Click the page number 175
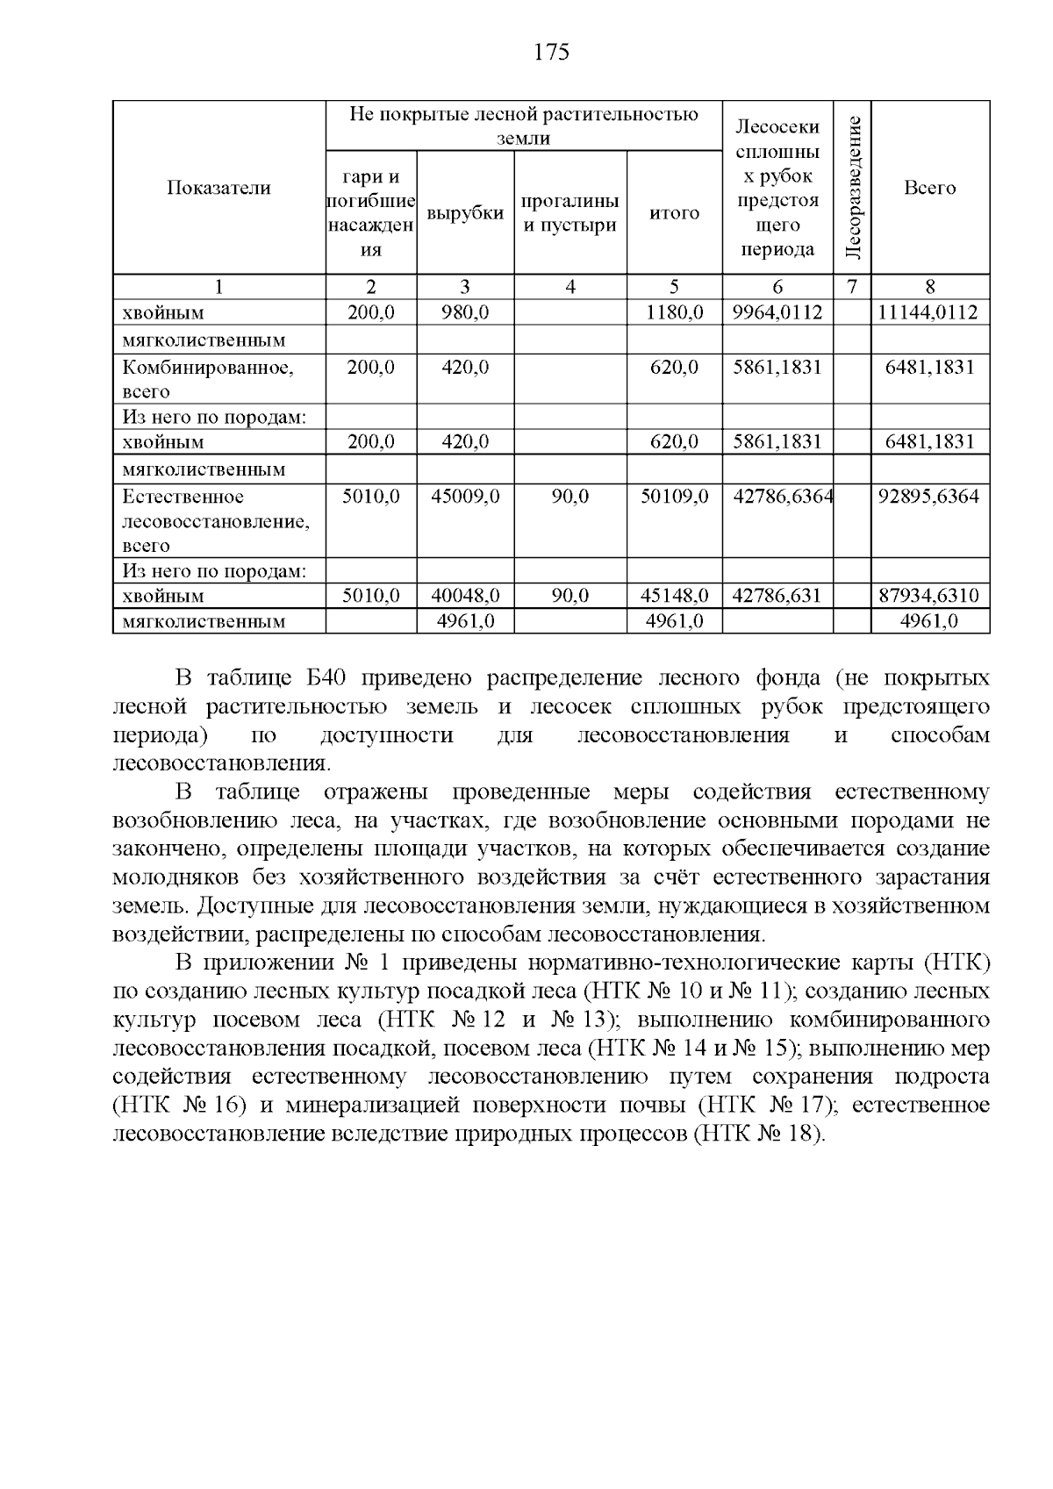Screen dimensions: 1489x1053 [551, 53]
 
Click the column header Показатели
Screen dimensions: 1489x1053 [218, 188]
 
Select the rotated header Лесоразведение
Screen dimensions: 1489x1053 [852, 187]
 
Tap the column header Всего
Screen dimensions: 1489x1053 [929, 188]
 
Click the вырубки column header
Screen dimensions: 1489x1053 [465, 213]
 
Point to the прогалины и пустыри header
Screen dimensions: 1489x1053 [570, 213]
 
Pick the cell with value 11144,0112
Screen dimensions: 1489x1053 [929, 312]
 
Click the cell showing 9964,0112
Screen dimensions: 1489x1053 [777, 312]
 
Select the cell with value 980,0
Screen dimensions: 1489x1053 [465, 312]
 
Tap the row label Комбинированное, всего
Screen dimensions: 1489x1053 [208, 379]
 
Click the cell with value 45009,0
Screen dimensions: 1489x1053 [465, 497]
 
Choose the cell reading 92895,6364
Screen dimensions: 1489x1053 [929, 497]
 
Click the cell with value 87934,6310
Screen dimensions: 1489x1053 [929, 596]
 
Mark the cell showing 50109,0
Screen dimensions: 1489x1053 [674, 497]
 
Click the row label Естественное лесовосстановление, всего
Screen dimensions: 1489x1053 [216, 521]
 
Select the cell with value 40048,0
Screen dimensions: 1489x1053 [465, 596]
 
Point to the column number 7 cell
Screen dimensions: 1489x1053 [852, 286]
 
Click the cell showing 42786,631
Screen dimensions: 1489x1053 [777, 596]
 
